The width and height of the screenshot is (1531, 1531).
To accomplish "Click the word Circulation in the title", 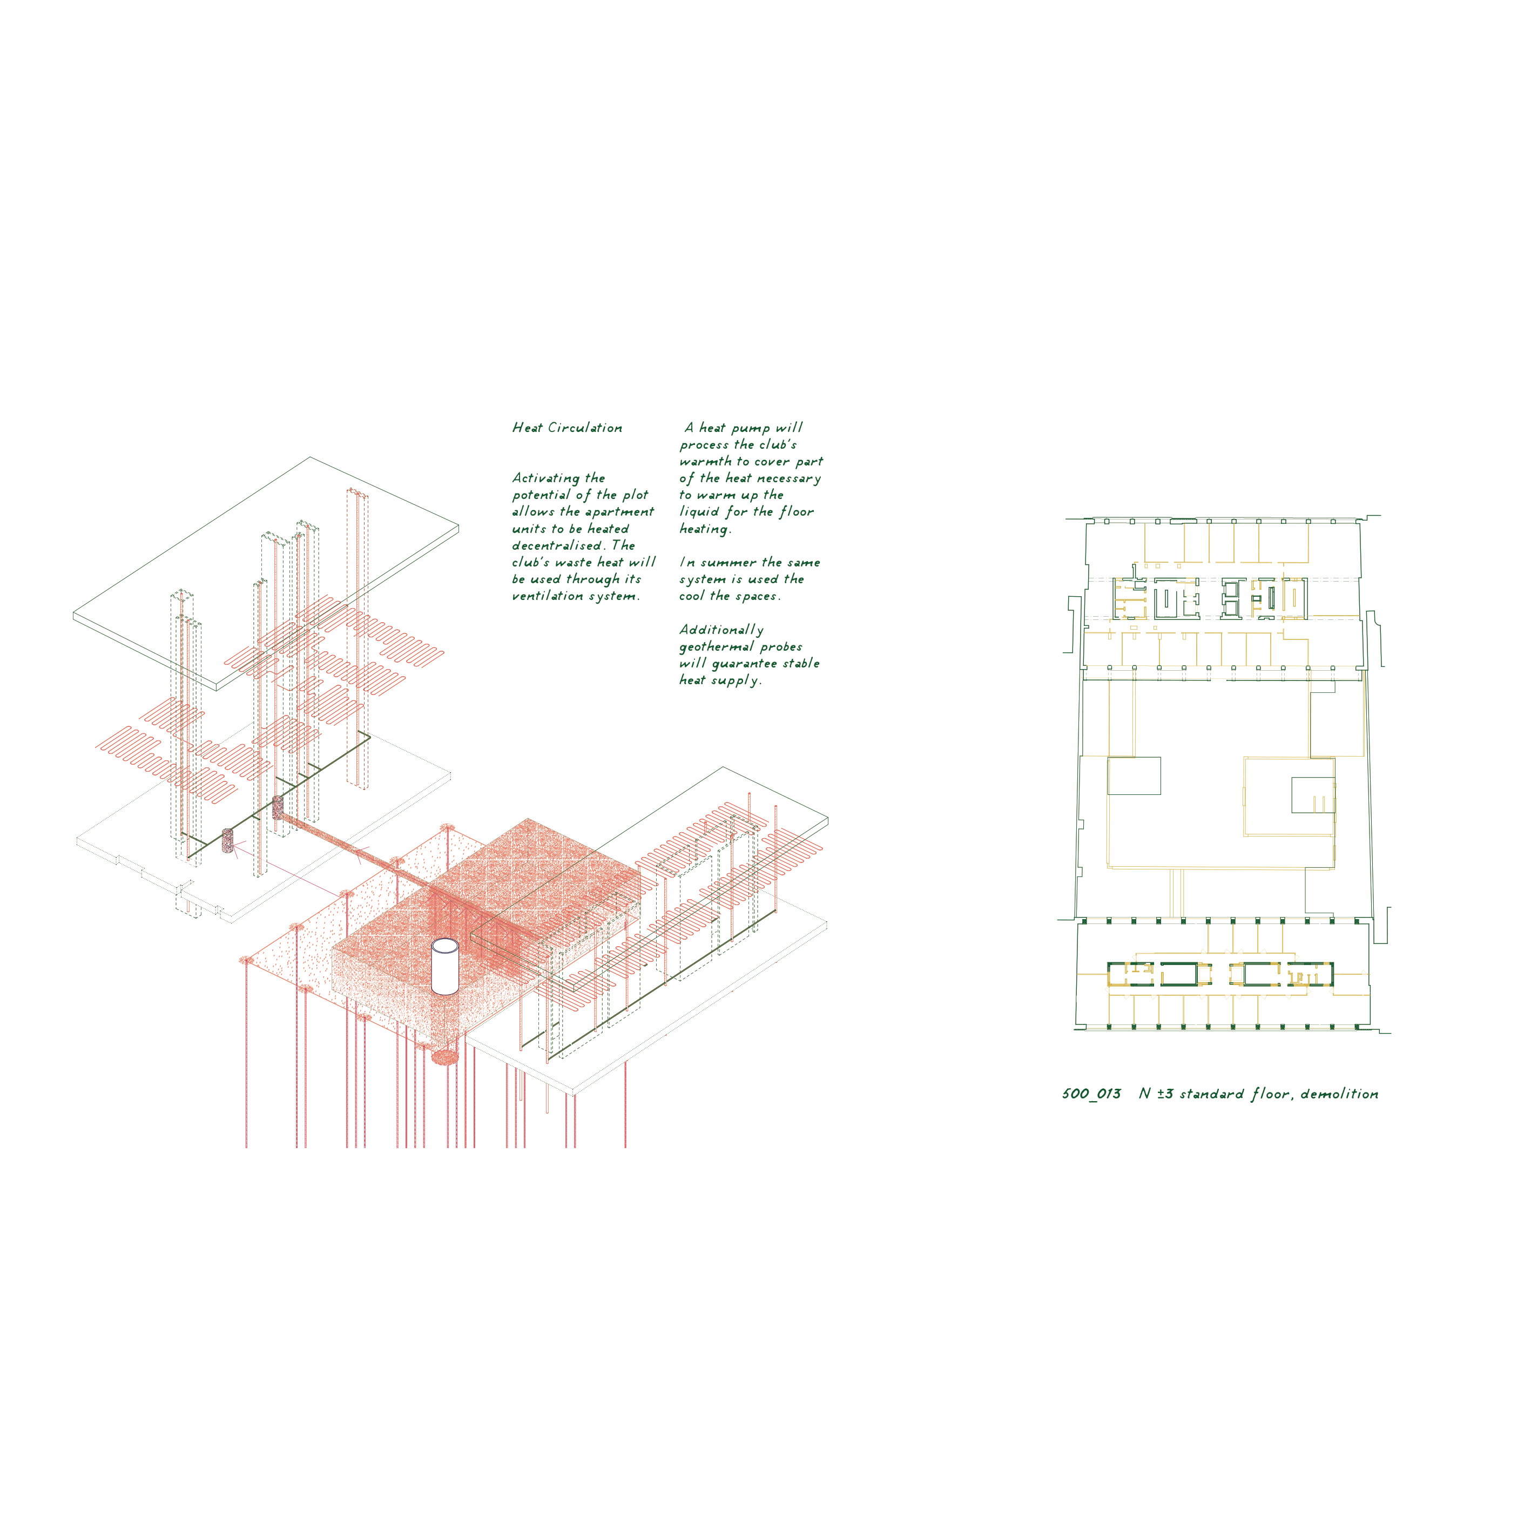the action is [585, 428].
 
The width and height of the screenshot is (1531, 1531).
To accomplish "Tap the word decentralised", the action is [557, 545].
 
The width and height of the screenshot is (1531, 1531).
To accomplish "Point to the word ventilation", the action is [548, 596].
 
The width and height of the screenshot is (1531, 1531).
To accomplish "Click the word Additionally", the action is [721, 630].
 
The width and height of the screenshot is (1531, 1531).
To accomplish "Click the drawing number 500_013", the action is [1091, 1094].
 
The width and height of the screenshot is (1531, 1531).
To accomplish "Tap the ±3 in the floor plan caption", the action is [1164, 1094].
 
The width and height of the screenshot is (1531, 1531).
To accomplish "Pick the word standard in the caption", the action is [1212, 1094].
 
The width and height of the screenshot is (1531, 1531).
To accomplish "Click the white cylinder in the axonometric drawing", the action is [444, 967].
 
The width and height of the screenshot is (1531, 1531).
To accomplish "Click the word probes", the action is [781, 648].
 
